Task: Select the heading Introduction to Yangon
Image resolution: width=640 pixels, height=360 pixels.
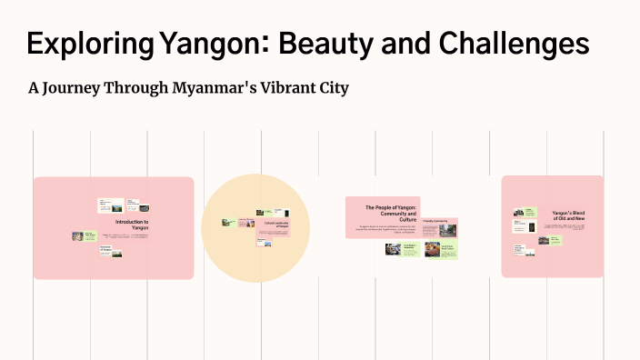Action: click(132, 225)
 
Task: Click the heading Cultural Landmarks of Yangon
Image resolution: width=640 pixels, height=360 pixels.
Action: click(275, 225)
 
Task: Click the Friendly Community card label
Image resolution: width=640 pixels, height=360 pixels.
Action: click(435, 222)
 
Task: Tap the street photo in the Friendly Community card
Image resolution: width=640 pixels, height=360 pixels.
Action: click(447, 230)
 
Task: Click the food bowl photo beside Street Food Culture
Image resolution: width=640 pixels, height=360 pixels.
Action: click(432, 250)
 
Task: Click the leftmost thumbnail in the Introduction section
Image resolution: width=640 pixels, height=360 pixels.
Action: click(79, 236)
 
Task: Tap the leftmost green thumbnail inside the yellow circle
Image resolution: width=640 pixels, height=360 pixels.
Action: click(227, 222)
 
